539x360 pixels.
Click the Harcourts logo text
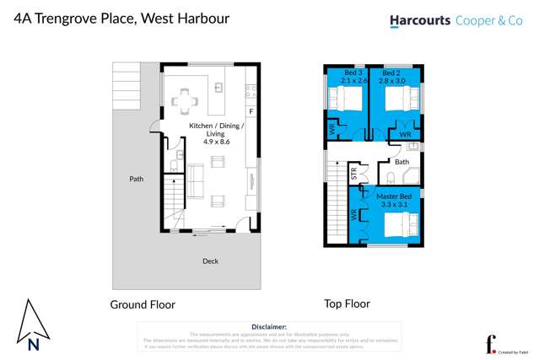coord(419,21)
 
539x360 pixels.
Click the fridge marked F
coord(250,111)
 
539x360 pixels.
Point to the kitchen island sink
coord(218,87)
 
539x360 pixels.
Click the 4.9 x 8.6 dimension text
coord(216,142)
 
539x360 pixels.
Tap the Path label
coord(136,179)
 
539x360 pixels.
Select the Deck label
coord(210,261)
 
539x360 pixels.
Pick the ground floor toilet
coord(172,165)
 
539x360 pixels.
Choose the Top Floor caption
coord(347,304)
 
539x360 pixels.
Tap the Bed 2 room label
coord(395,73)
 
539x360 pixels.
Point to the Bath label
coord(402,162)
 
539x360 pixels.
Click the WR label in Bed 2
coord(405,135)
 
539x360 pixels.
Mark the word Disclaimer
coord(269,326)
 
